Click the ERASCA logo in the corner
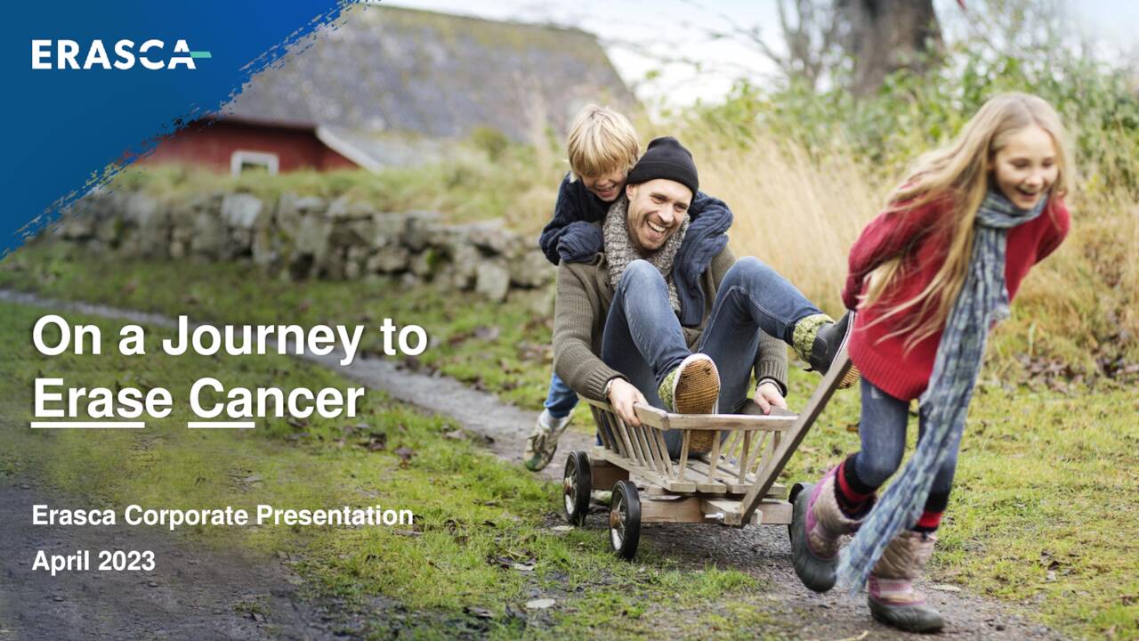pyautogui.click(x=120, y=54)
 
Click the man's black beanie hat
pyautogui.click(x=663, y=163)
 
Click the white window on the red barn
pyautogui.click(x=254, y=162)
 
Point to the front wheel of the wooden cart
pyautogui.click(x=624, y=519)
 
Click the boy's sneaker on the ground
pyautogui.click(x=545, y=442)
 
